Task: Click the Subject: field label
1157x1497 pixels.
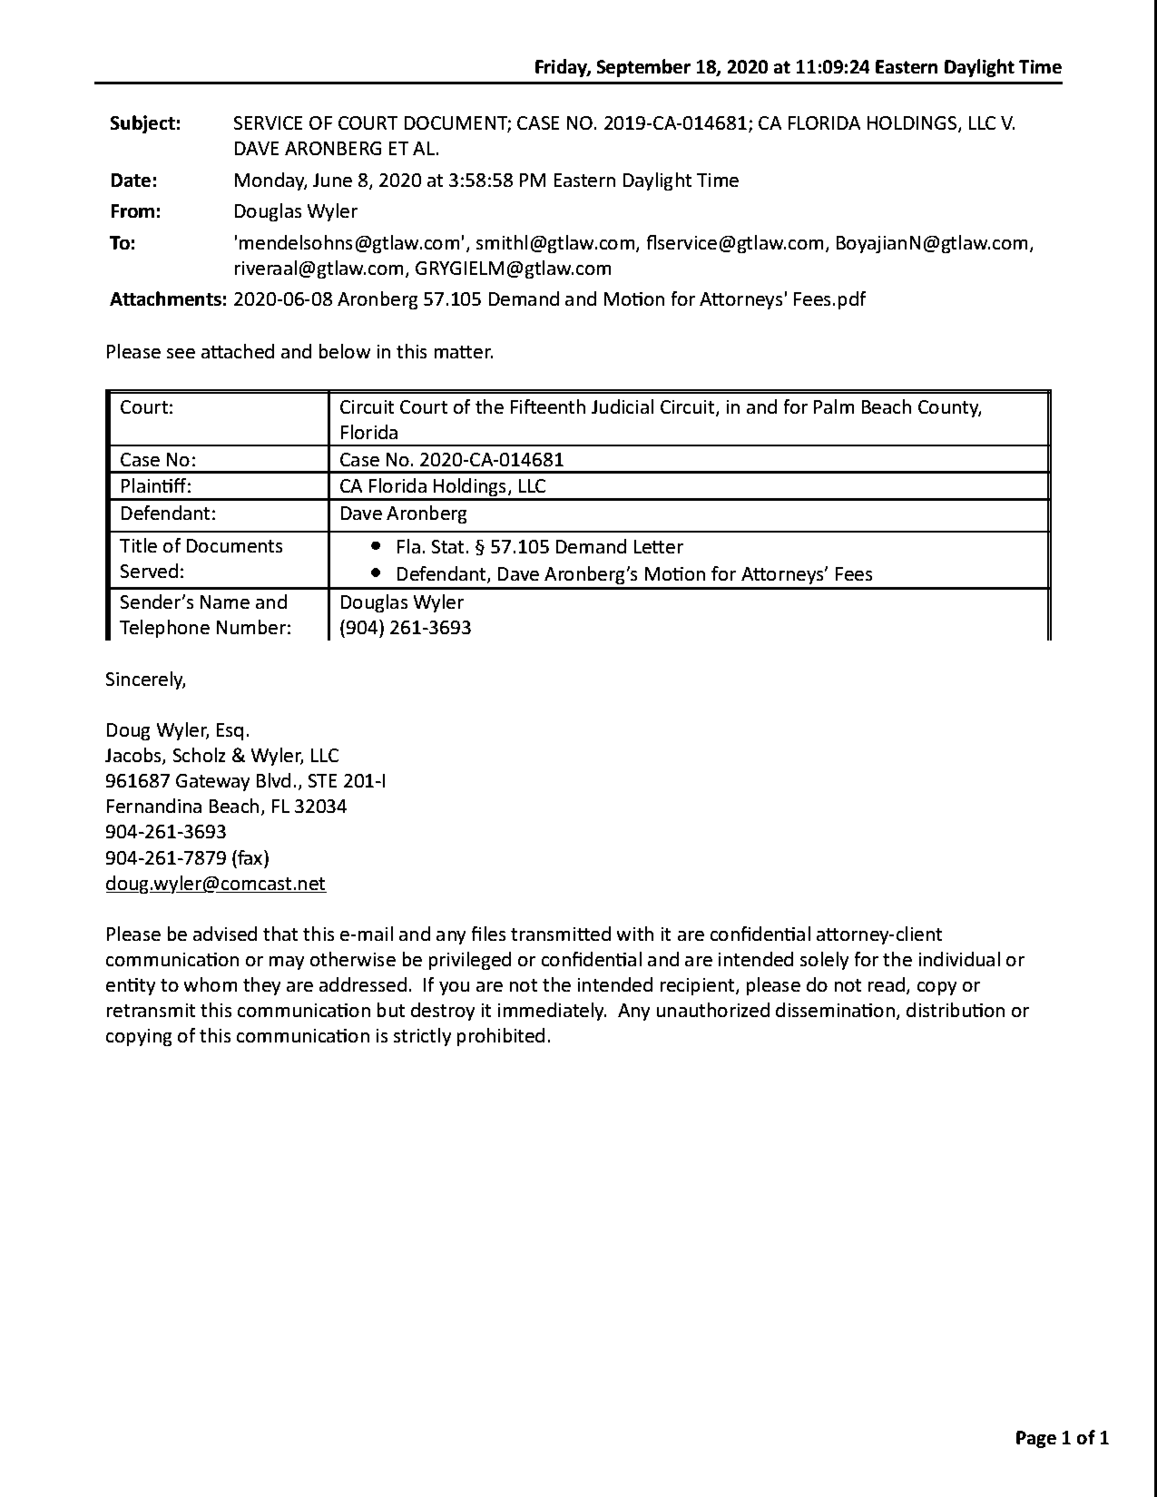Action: [x=145, y=123]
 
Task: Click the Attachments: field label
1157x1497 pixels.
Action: [x=168, y=299]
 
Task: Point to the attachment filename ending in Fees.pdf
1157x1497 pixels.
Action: [x=549, y=299]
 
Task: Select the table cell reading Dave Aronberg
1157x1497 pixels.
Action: [x=403, y=514]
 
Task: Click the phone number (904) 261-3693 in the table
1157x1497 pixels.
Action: [x=405, y=628]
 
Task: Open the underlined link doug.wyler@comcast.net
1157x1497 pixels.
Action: [x=215, y=884]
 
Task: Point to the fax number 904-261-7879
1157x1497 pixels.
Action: [x=166, y=858]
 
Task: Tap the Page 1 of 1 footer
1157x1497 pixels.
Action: [x=1062, y=1438]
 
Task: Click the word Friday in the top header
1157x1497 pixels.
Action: [x=562, y=67]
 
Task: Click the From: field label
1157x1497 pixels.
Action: [x=135, y=212]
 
